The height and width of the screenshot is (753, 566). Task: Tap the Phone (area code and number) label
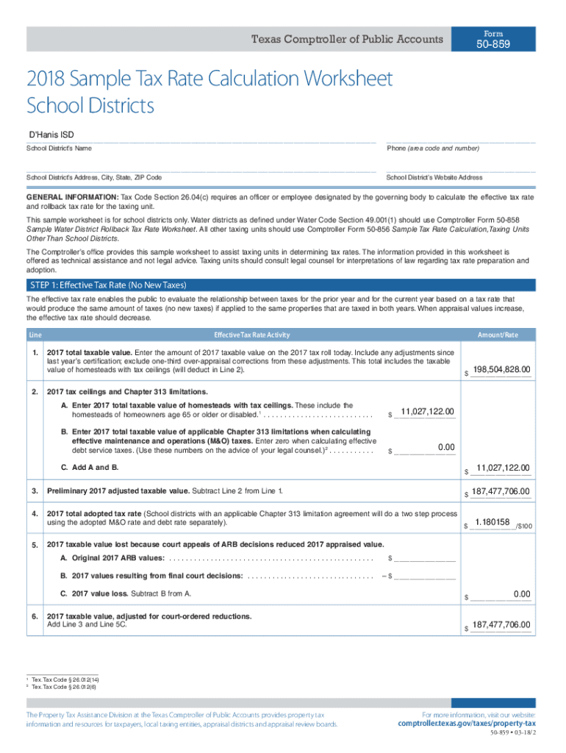tap(433, 149)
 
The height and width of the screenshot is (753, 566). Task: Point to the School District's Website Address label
tap(434, 178)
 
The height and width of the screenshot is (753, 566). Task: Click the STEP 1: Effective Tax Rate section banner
tap(108, 285)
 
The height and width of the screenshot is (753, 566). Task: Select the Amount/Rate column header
tap(498, 335)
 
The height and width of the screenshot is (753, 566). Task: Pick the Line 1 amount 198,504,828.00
tap(502, 369)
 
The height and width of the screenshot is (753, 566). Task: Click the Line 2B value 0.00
tap(445, 446)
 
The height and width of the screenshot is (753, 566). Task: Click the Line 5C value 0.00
tap(522, 593)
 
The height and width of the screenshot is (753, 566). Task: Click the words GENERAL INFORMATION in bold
tap(72, 198)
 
